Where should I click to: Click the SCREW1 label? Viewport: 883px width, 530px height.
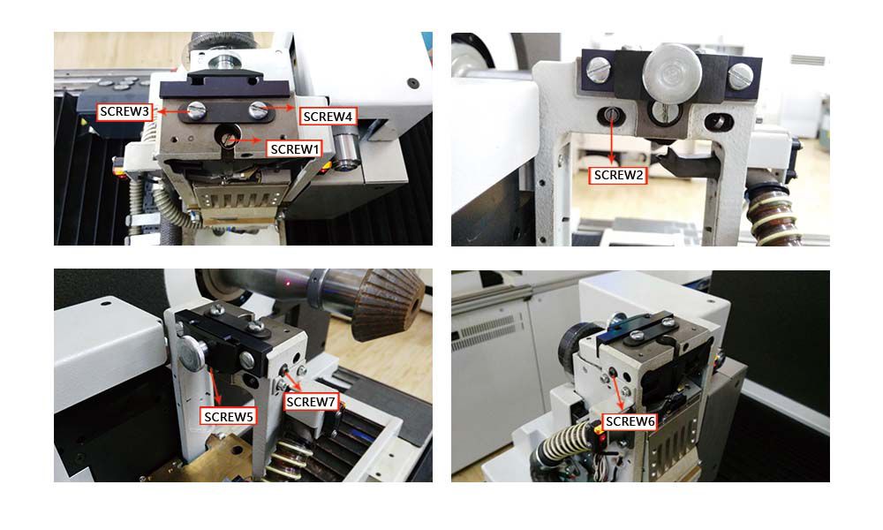pyautogui.click(x=295, y=149)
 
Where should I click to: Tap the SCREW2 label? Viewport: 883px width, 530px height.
pyautogui.click(x=618, y=175)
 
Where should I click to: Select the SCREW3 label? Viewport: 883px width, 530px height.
pyautogui.click(x=125, y=111)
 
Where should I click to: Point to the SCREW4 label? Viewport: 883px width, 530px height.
pyautogui.click(x=328, y=117)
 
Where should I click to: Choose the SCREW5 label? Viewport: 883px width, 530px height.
pyautogui.click(x=228, y=417)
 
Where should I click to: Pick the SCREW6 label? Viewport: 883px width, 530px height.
pyautogui.click(x=630, y=421)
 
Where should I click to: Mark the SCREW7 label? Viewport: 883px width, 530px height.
pyautogui.click(x=311, y=402)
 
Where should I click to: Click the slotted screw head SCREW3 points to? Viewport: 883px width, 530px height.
pyautogui.click(x=196, y=110)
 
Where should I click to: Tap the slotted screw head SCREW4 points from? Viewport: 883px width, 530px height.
pyautogui.click(x=258, y=110)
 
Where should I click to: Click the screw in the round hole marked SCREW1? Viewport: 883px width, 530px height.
pyautogui.click(x=228, y=137)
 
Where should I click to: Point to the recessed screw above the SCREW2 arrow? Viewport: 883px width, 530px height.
pyautogui.click(x=611, y=116)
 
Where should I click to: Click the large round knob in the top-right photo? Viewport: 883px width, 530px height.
pyautogui.click(x=672, y=72)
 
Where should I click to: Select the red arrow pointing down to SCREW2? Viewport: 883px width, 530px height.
pyautogui.click(x=612, y=140)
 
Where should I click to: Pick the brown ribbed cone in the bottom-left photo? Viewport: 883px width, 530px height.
pyautogui.click(x=389, y=304)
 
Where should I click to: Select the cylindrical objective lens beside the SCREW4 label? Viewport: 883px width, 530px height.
pyautogui.click(x=347, y=153)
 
